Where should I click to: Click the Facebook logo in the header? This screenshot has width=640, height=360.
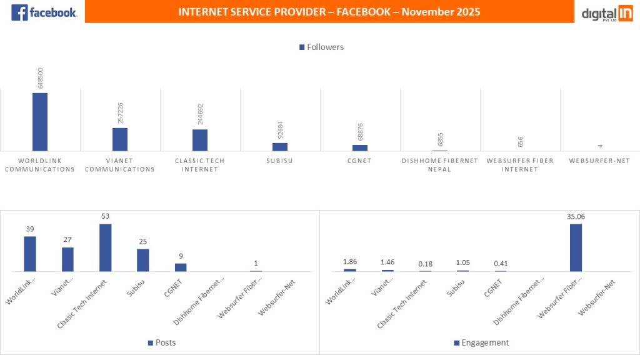tap(44, 12)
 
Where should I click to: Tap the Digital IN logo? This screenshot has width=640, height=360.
tap(607, 12)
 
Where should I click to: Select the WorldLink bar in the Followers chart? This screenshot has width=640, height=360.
tap(40, 122)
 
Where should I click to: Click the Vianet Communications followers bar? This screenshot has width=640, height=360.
tap(120, 139)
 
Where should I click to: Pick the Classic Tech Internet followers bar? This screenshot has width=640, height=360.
tap(200, 140)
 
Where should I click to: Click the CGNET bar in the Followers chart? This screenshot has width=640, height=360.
tap(360, 147)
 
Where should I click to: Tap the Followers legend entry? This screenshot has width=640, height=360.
tap(321, 47)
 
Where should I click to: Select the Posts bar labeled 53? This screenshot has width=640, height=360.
tap(105, 247)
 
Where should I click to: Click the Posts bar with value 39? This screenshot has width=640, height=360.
tap(30, 254)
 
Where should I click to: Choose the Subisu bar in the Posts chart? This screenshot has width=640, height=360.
tap(143, 260)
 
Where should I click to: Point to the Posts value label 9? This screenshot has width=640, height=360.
tap(181, 256)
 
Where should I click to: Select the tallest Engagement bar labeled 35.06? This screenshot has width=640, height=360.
tap(576, 247)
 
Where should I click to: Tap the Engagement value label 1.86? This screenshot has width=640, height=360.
tap(350, 262)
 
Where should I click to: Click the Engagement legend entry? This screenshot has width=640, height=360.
tap(481, 342)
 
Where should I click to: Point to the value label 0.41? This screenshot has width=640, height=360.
tap(501, 263)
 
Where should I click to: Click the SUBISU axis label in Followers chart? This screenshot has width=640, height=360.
tap(279, 161)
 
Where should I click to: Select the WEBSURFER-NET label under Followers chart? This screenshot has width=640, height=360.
tap(599, 161)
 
